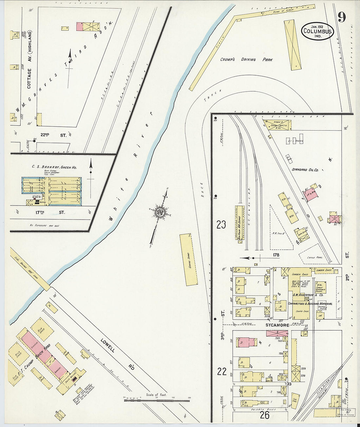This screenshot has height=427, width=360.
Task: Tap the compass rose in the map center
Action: tap(161, 212)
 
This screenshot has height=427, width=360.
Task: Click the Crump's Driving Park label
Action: tap(246, 60)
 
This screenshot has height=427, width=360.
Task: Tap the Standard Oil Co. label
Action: tap(305, 170)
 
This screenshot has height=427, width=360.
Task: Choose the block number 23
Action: tap(221, 225)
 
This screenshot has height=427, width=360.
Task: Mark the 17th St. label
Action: tap(50, 212)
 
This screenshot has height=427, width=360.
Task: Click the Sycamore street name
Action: tap(277, 325)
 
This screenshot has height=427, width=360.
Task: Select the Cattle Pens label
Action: tap(315, 258)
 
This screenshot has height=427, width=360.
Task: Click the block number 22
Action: tap(222, 371)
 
